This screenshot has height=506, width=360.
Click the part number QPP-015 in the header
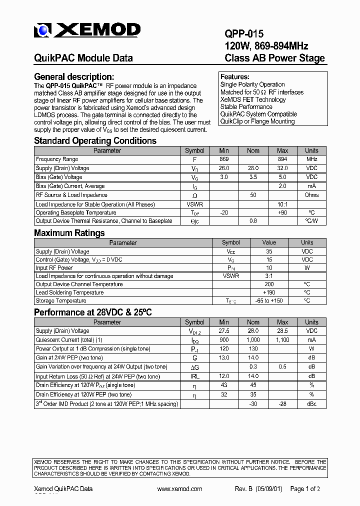tap(244, 34)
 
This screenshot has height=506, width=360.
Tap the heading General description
tap(74, 77)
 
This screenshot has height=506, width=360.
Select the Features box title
tap(235, 77)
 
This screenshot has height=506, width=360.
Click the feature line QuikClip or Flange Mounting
tap(257, 121)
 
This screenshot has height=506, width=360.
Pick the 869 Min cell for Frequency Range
tap(223, 159)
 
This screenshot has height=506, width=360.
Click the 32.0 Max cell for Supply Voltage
tap(282, 168)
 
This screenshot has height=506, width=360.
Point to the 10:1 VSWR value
tap(282, 204)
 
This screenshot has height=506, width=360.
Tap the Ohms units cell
tap(311, 195)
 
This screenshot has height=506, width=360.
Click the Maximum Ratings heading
tap(69, 233)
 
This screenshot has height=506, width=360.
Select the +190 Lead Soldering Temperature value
tap(269, 292)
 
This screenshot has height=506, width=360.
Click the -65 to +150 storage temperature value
tap(269, 301)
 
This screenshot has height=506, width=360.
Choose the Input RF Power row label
tap(54, 268)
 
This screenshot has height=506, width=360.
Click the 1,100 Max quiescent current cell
tap(282, 340)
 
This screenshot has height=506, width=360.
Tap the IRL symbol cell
tap(194, 376)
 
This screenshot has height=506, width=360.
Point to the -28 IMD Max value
tap(282, 404)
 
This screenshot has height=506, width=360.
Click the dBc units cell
tap(311, 404)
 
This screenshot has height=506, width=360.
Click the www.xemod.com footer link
tap(179, 489)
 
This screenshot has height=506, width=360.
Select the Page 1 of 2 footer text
tap(305, 489)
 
